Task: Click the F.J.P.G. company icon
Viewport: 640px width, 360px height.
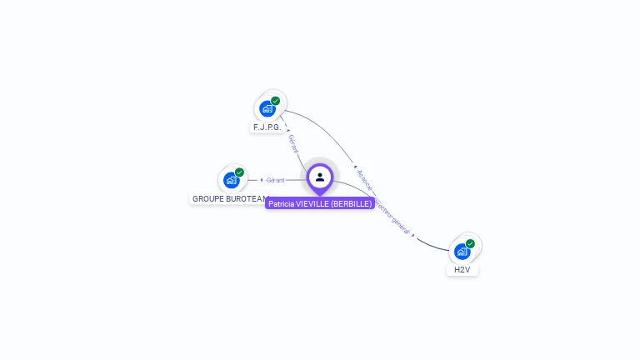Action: tap(267, 108)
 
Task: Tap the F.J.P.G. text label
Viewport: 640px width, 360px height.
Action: tap(267, 127)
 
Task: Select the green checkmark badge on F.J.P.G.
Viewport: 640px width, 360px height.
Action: tap(276, 101)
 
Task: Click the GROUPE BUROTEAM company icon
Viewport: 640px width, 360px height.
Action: tap(231, 180)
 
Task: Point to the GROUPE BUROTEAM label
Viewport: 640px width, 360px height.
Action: tap(230, 199)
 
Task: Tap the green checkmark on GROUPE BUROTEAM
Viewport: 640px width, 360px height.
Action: tap(240, 172)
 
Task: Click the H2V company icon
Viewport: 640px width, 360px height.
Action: tap(462, 251)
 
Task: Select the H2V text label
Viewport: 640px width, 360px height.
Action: tap(462, 270)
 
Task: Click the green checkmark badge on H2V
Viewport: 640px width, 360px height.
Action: tap(471, 243)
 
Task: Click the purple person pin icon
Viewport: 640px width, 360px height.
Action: tap(320, 177)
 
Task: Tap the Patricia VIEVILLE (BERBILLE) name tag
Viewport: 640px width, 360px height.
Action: tap(320, 204)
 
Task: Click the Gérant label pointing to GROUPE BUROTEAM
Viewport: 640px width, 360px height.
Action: tap(276, 180)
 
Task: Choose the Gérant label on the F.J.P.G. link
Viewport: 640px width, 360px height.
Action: tap(292, 142)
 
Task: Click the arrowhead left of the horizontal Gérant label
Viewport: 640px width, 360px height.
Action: tap(262, 180)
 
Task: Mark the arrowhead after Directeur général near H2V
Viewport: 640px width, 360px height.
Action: tap(414, 237)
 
